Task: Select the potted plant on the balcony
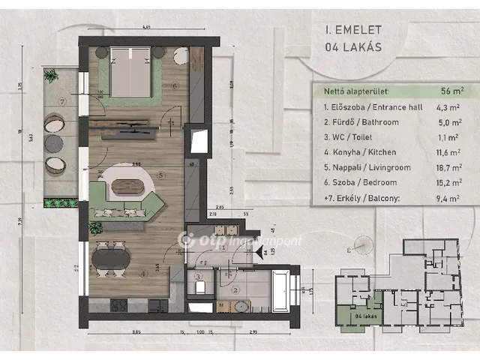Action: [51, 76]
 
